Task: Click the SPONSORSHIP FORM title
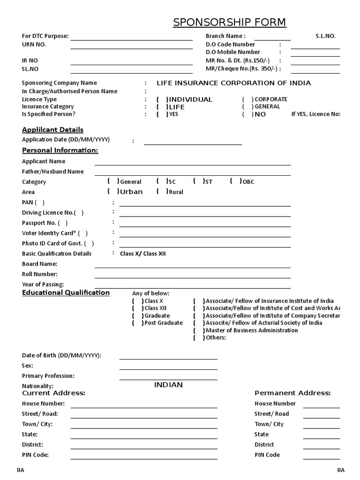click(229, 22)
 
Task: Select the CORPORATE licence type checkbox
click(247, 99)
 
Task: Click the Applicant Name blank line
click(192, 165)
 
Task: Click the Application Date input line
click(193, 144)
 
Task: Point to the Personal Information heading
click(60, 150)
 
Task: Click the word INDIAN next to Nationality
click(168, 385)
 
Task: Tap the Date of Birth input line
click(168, 359)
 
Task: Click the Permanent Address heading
click(292, 393)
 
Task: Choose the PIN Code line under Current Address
click(143, 458)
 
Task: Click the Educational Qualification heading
click(66, 293)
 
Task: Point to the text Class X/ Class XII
click(143, 254)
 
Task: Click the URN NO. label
click(34, 45)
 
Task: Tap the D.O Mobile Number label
click(233, 52)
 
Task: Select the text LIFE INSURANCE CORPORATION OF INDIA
click(233, 83)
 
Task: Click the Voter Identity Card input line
click(205, 237)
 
